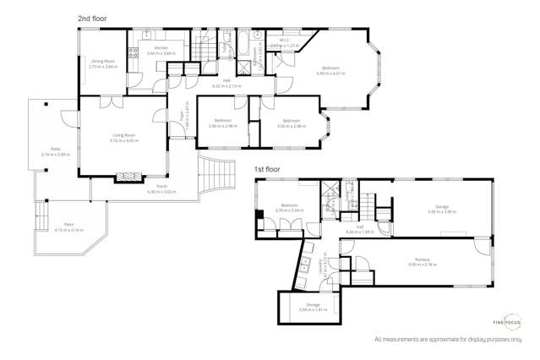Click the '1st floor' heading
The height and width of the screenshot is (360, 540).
268,169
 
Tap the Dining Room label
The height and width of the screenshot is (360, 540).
103,63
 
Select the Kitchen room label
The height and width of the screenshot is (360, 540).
161,51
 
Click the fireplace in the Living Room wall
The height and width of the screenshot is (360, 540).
125,177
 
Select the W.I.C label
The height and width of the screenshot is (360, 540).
284,41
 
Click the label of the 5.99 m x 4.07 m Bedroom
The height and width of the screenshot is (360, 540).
330,69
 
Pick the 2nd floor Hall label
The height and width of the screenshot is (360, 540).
226,84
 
